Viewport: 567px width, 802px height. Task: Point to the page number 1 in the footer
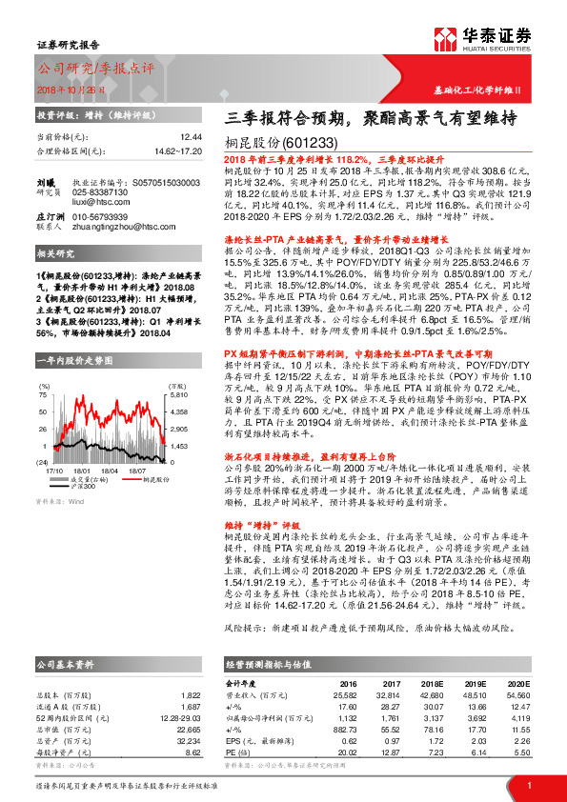[x=529, y=785]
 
